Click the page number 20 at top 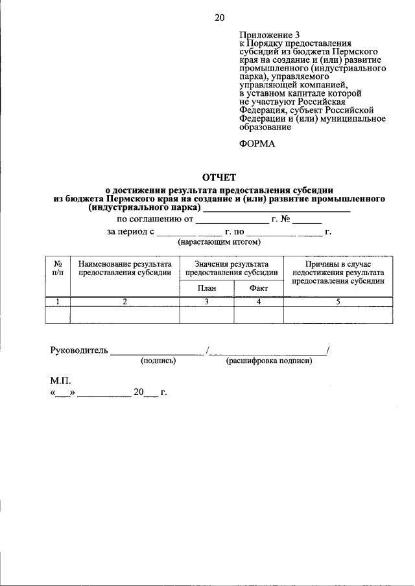pos(219,17)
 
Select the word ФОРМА pos(257,144)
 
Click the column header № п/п pos(58,269)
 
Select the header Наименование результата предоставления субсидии pos(124,269)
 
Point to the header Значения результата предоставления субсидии pos(231,269)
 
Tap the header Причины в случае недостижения pos(338,273)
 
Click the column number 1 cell pos(58,302)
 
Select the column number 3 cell pos(207,302)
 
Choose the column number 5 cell pos(338,302)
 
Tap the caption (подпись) pos(158,361)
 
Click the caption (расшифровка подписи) pos(269,361)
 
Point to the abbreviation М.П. pos(60,381)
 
